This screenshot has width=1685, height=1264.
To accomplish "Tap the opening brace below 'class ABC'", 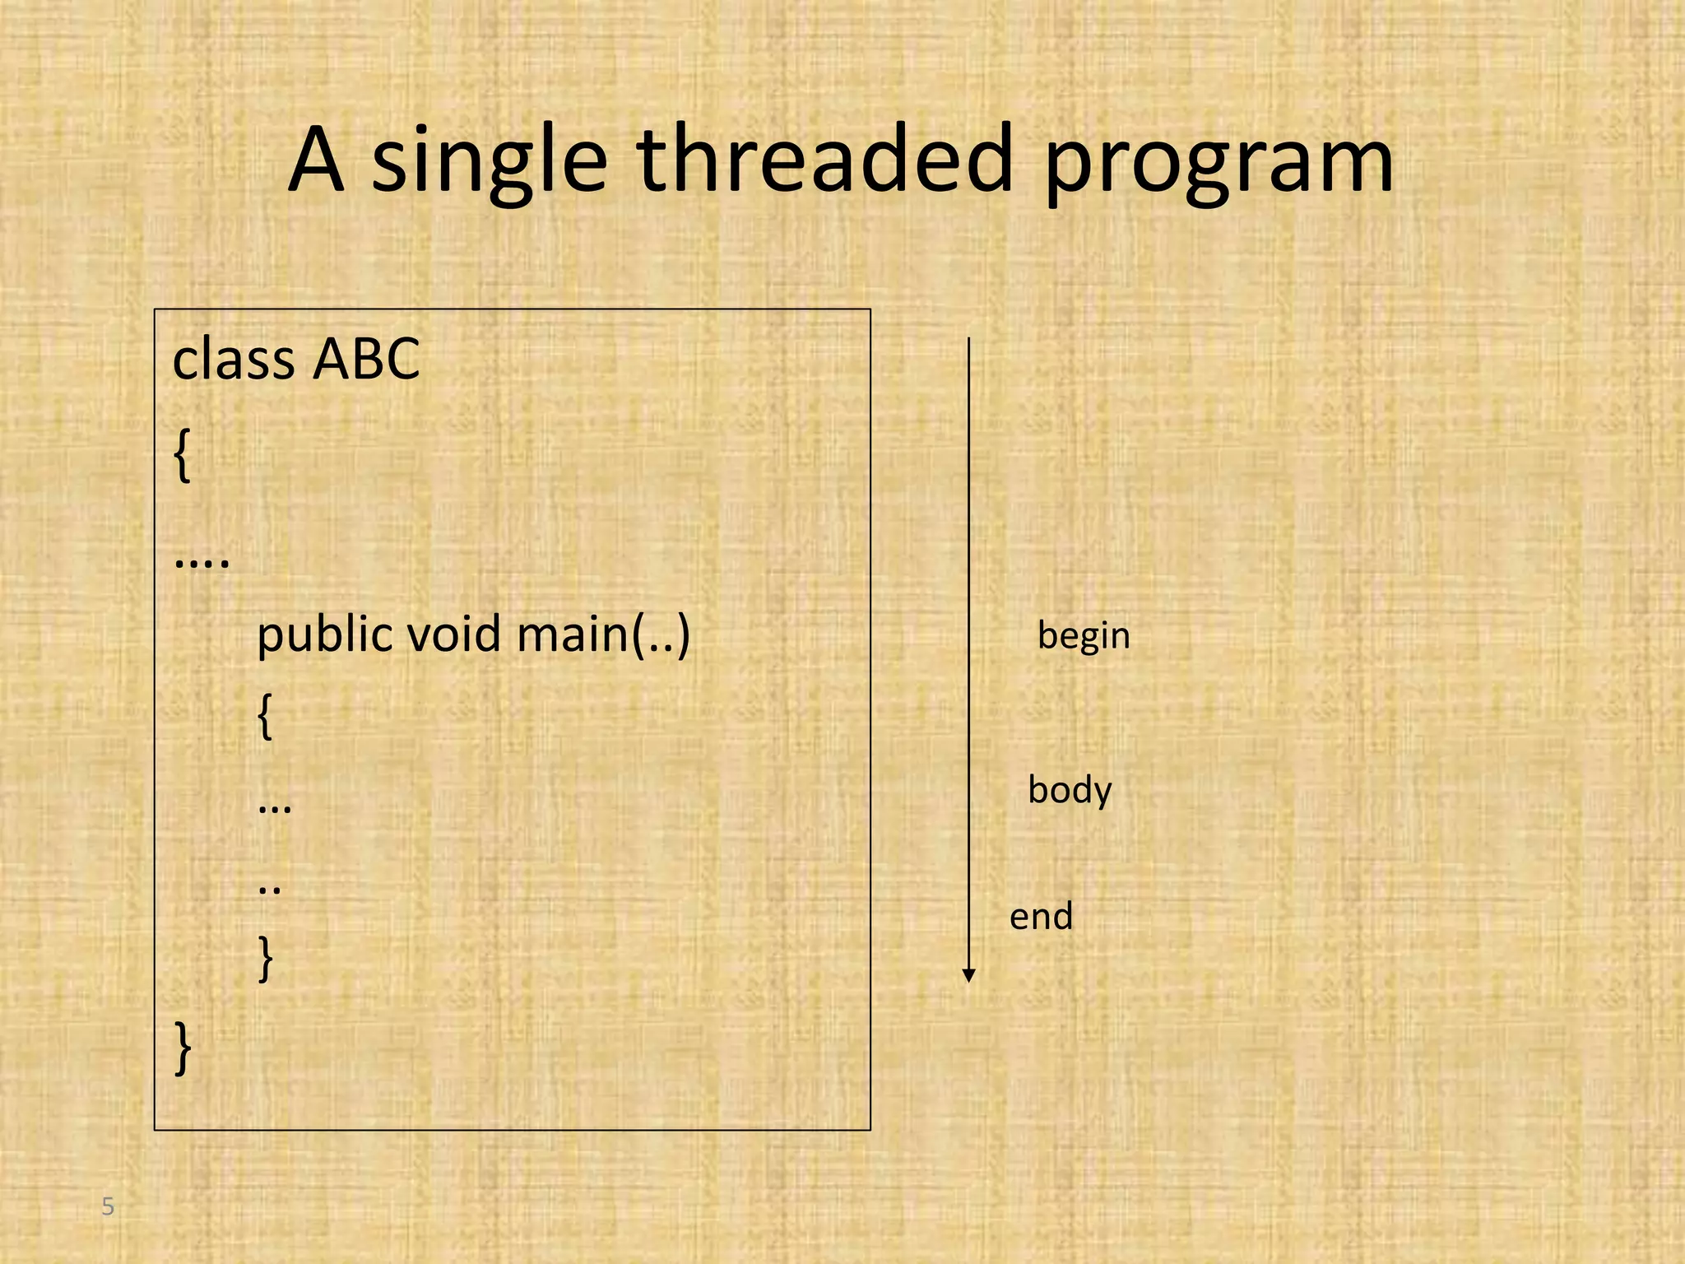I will point(183,458).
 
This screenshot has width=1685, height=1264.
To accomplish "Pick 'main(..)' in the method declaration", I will point(602,635).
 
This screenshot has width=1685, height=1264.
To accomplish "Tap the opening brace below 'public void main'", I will point(264,717).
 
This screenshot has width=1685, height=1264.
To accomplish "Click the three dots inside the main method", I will point(274,808).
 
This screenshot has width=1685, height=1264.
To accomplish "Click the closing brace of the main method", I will point(265,959).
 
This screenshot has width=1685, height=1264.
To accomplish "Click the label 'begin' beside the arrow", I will point(1084,636).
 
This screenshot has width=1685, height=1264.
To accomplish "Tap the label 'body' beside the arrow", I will point(1070,790).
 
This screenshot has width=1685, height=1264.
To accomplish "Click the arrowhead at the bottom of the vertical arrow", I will point(968,976).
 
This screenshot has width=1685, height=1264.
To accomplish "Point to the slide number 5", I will point(108,1207).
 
